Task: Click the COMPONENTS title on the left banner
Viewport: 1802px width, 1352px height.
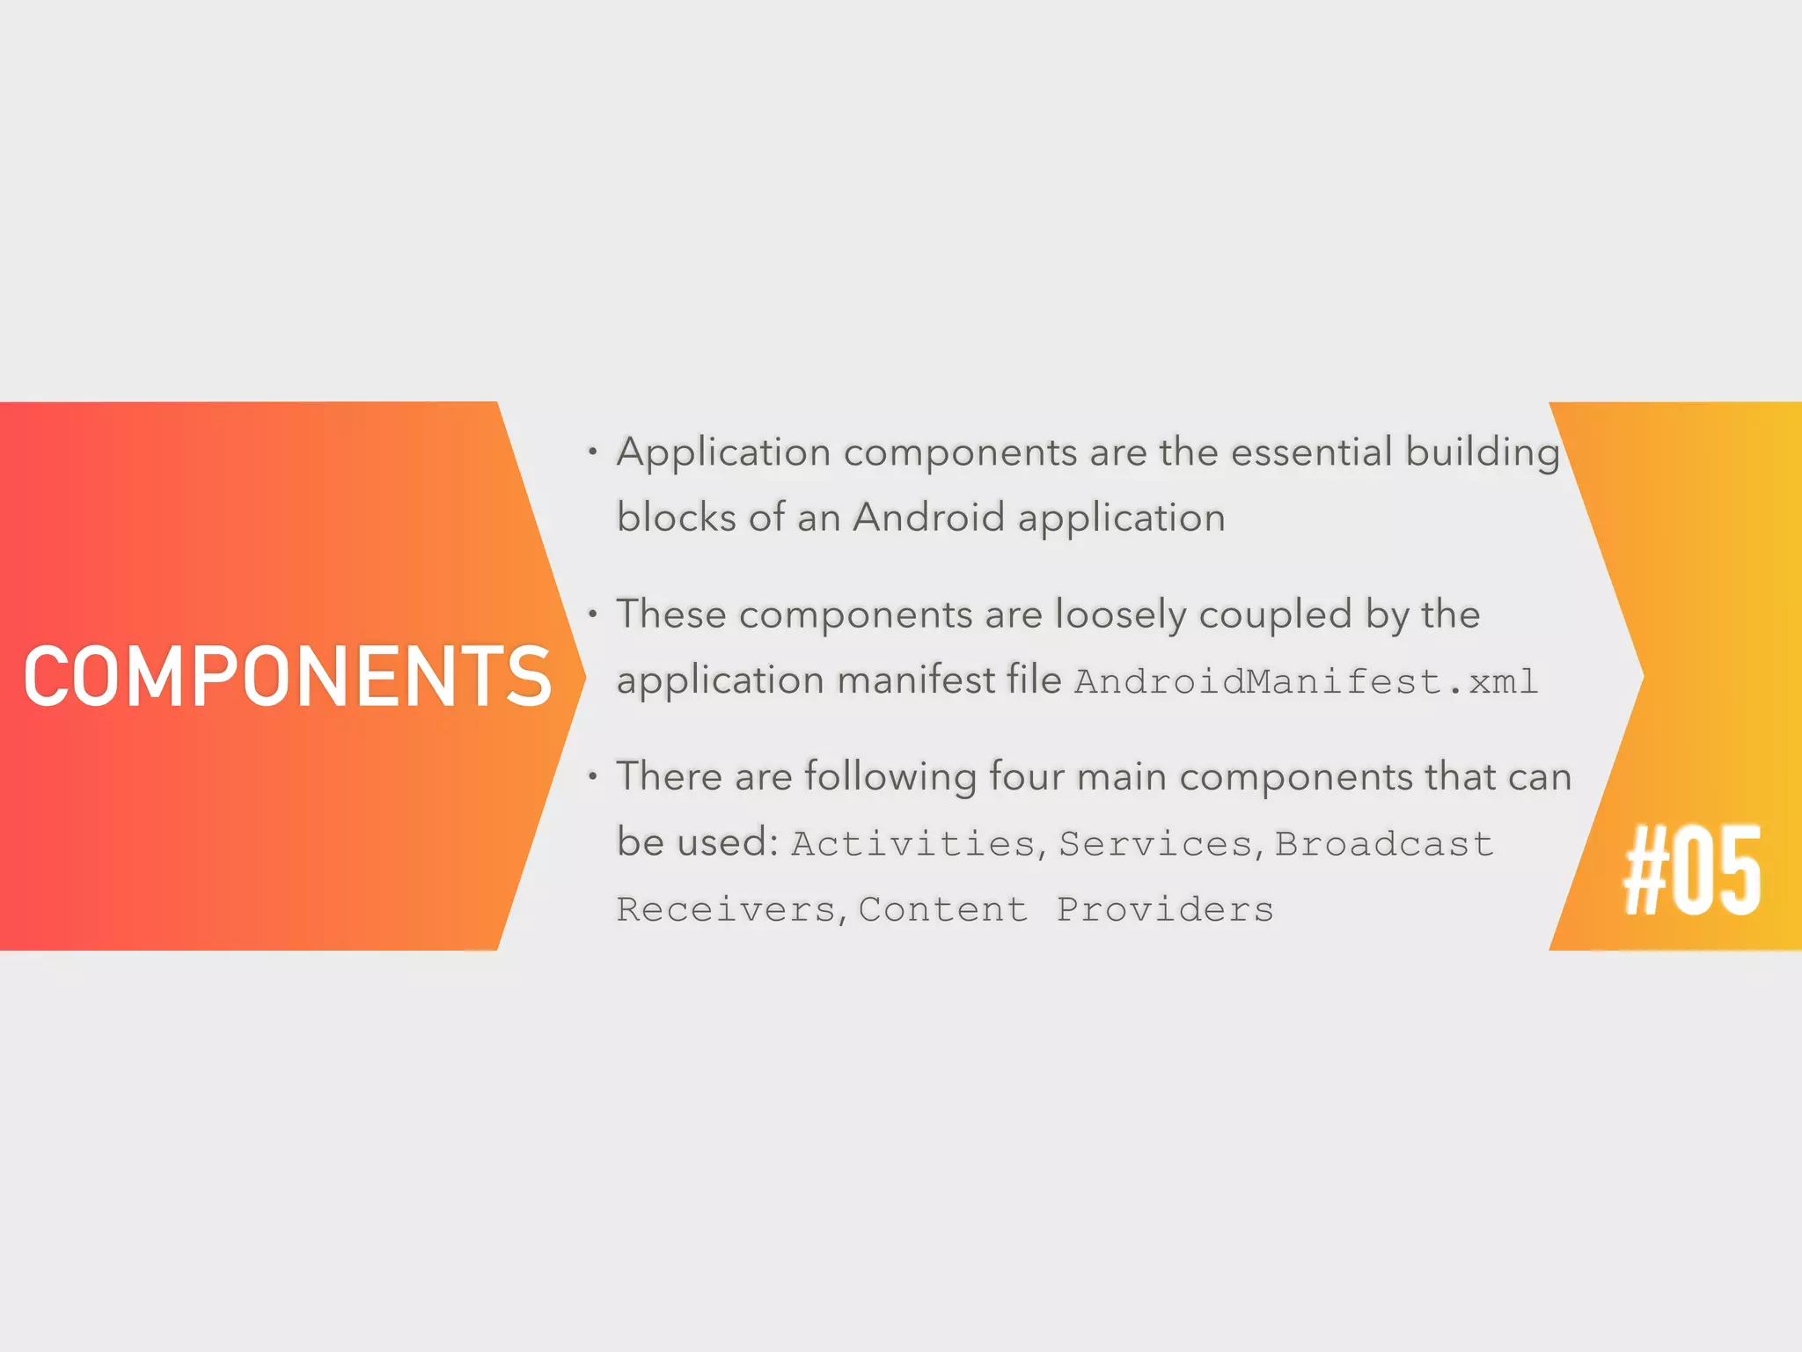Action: coord(288,676)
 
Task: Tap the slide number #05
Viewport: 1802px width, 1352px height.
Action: coord(1692,871)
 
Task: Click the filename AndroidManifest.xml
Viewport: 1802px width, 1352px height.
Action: coord(1306,682)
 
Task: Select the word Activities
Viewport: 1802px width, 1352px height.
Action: coord(913,844)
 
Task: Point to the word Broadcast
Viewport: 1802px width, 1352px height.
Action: coord(1383,844)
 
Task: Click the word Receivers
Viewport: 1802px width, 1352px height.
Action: coord(726,910)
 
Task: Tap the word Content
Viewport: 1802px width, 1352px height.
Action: coord(942,910)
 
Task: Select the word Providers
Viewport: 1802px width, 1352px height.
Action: coord(1165,910)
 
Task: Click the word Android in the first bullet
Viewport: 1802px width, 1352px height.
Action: coord(928,518)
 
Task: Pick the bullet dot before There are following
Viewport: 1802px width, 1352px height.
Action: coord(593,776)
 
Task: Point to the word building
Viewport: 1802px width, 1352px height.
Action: coord(1482,452)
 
